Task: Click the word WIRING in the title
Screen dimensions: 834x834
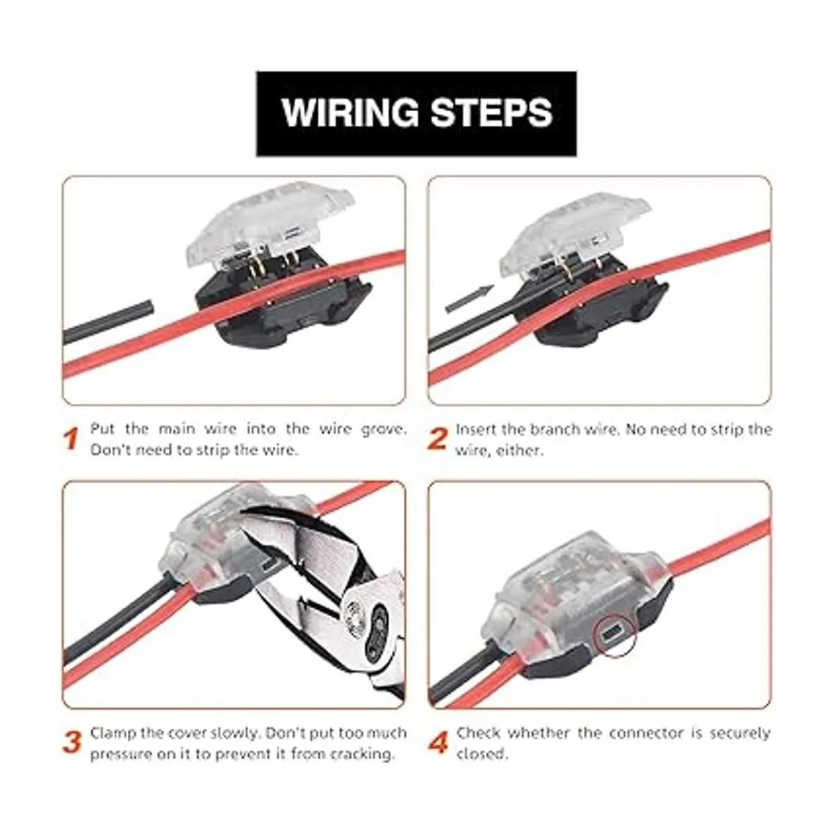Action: [x=350, y=113]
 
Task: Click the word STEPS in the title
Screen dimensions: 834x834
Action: [x=492, y=113]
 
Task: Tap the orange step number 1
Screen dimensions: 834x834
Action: [x=72, y=439]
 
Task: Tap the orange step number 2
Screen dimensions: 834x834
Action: [x=437, y=439]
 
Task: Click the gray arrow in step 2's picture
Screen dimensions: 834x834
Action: [x=470, y=300]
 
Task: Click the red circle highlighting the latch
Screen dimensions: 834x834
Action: [x=615, y=635]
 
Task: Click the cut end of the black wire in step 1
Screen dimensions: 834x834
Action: [x=149, y=308]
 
